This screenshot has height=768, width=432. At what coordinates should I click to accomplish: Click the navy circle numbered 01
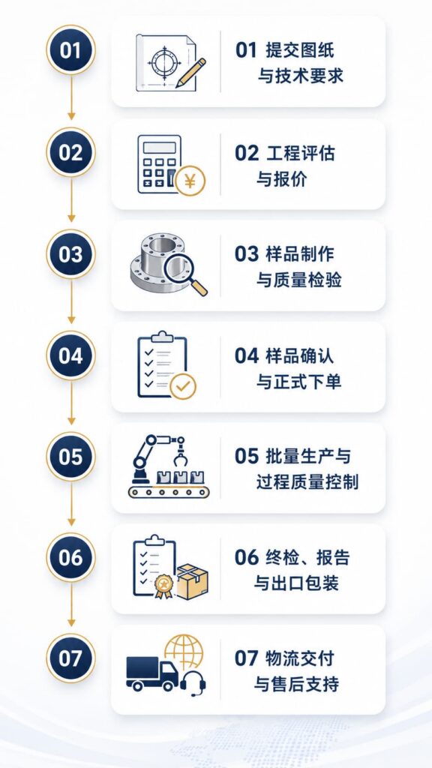[x=70, y=50]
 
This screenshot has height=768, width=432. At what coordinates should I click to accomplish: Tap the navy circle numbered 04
[x=70, y=355]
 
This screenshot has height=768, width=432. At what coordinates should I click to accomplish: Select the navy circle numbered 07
[x=70, y=658]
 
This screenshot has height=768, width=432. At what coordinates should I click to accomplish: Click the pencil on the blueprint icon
[x=190, y=73]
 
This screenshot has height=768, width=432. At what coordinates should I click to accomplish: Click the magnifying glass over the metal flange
[x=185, y=274]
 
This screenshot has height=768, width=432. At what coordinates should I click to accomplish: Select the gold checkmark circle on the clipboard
[x=183, y=387]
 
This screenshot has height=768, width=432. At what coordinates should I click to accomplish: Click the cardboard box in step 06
[x=192, y=582]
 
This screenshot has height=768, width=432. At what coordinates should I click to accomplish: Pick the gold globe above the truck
[x=184, y=652]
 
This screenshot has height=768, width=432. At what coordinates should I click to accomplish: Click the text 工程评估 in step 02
[x=300, y=153]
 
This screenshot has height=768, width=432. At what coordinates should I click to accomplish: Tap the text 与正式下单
[x=298, y=382]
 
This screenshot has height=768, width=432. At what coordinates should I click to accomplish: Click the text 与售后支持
[x=295, y=684]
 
